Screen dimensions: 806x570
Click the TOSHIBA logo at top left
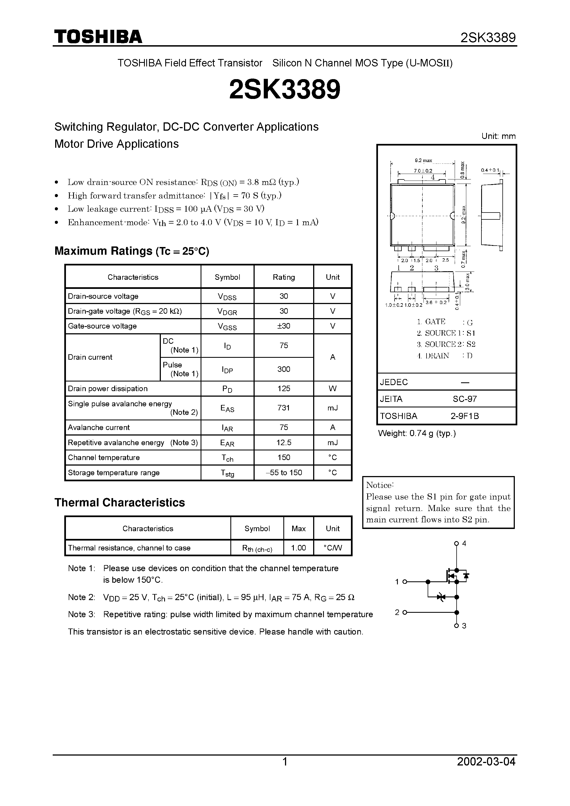98,37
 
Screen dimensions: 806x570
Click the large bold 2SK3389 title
285,90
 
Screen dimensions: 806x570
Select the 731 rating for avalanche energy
284,408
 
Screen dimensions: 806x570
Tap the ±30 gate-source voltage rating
284,326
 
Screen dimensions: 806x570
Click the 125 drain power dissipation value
284,388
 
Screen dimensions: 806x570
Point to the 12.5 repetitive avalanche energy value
284,442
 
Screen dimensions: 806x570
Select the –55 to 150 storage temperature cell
284,472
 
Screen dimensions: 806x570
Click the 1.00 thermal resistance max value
298,548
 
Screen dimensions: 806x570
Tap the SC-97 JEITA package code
465,399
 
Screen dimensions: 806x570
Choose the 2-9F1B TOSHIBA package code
465,416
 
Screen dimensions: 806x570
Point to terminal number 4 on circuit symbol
464,543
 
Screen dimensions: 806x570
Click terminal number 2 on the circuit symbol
397,612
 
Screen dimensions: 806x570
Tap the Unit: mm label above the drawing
498,136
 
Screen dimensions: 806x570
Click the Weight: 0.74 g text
417,433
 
